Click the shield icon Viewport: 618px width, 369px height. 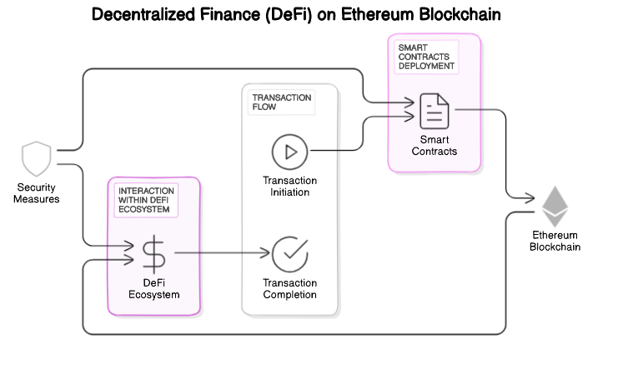click(36, 158)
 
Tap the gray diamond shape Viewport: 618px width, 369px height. click(555, 207)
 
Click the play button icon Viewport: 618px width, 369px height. click(289, 152)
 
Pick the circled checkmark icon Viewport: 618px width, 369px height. click(289, 253)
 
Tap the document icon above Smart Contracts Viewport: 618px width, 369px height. click(434, 110)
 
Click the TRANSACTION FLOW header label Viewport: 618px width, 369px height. click(281, 102)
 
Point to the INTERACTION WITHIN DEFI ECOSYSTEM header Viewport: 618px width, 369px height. click(147, 200)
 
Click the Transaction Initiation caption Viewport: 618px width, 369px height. click(289, 187)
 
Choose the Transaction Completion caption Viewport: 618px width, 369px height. click(289, 288)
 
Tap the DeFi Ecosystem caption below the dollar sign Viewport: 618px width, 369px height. click(153, 288)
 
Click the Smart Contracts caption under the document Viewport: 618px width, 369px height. click(434, 145)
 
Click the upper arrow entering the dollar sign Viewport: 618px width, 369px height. click(121, 246)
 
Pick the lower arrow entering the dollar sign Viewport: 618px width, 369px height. click(121, 259)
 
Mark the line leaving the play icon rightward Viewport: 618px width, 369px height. click(325, 151)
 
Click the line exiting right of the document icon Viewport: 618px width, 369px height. click(469, 109)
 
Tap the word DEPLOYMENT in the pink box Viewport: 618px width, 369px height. click(425, 65)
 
